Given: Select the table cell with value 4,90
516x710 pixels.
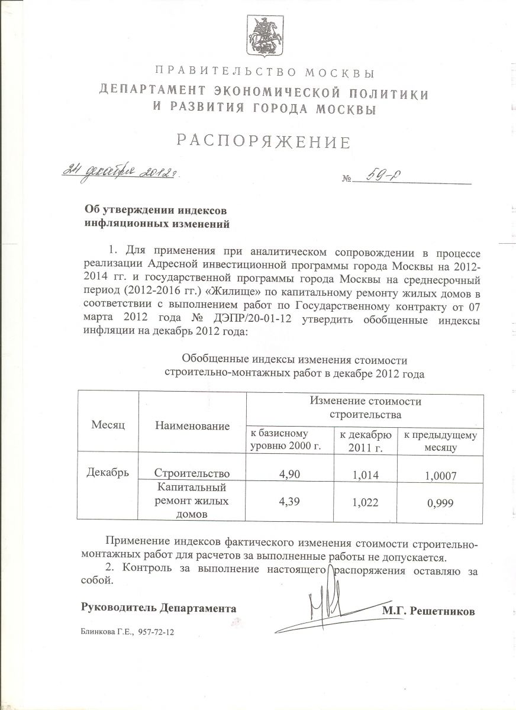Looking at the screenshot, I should pyautogui.click(x=289, y=473).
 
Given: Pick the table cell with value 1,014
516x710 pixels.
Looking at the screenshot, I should pyautogui.click(x=365, y=473).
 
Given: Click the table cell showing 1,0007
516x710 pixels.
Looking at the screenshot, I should pyautogui.click(x=440, y=475).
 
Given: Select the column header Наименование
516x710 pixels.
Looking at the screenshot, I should pyautogui.click(x=192, y=425).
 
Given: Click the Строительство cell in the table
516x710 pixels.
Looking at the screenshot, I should pyautogui.click(x=192, y=473).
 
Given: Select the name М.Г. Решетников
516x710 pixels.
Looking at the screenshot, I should pyautogui.click(x=428, y=611).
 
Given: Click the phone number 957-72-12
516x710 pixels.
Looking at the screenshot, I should pyautogui.click(x=157, y=632).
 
